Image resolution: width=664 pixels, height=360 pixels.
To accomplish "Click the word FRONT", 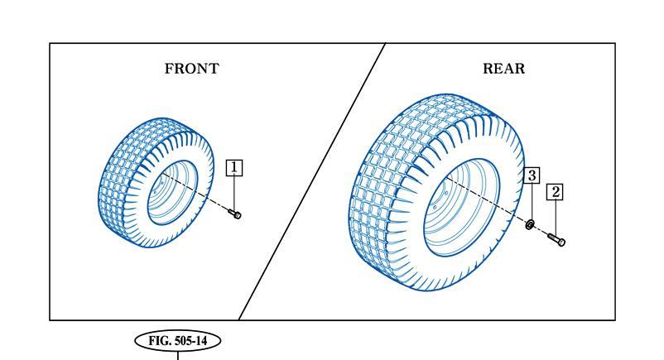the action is pos(192,69).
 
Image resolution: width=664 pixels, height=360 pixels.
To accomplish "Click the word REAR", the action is pos(504,69).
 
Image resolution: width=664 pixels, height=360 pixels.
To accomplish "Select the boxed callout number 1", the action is pos(234,168).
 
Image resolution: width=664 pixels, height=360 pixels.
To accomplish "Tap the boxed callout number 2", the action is pos(556,192).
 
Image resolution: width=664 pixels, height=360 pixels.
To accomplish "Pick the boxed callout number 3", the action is pos(532,175).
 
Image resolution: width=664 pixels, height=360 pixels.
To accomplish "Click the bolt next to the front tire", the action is pos(235,214).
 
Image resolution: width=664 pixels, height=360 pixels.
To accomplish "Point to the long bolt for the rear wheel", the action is pos(556,240).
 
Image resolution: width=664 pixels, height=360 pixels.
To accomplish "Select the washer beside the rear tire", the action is pos(529,224).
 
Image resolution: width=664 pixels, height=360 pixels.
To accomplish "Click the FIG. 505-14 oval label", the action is pos(178,341).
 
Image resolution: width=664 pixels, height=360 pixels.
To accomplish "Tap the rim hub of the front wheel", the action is pos(172,193).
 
